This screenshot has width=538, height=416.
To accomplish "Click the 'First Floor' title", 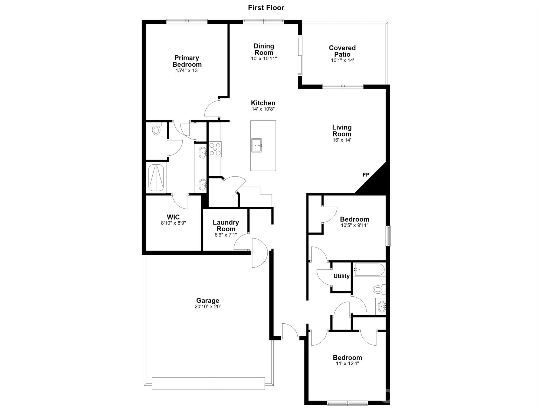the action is pos(266,8).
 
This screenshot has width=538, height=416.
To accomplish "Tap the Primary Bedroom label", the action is pos(187,61).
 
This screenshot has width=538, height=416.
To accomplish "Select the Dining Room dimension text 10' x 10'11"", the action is pos(264,58).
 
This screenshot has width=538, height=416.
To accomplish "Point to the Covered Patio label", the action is pos(342,51).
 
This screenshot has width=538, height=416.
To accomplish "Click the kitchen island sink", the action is pos(256,145).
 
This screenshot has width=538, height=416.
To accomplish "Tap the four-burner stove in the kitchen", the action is pos(215,149).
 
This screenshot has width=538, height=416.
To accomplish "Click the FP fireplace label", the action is pos(366,175).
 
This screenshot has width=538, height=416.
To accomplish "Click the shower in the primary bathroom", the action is pos(156,177).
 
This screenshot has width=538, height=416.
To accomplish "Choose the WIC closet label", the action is pos(173,217).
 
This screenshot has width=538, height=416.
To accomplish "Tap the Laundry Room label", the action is pos(226,226).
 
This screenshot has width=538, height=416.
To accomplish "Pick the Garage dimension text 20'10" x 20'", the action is pos(208,307).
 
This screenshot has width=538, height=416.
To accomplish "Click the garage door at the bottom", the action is pos(208,383).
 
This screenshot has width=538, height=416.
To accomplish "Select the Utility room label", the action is pos(342,276).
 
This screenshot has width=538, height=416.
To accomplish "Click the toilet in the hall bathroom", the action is pos(379,290).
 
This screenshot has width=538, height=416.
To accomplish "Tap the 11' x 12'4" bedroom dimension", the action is pos(347,364).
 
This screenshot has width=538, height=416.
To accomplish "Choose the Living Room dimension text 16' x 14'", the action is pos(342,140).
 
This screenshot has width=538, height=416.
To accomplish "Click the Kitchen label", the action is pos(263,103).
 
